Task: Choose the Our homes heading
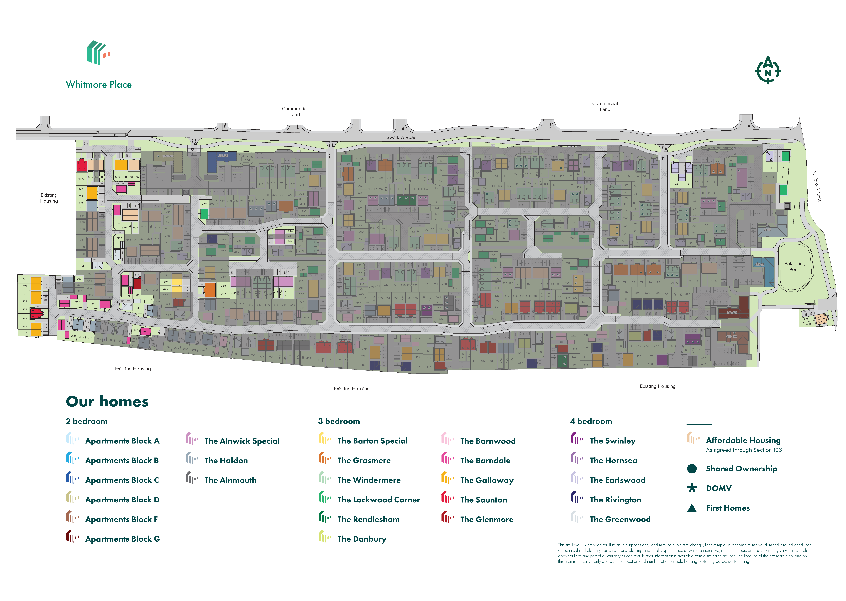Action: tap(107, 402)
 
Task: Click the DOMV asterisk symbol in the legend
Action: tap(691, 488)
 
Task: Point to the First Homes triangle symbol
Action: tap(691, 508)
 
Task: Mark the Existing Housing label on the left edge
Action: tap(49, 198)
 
